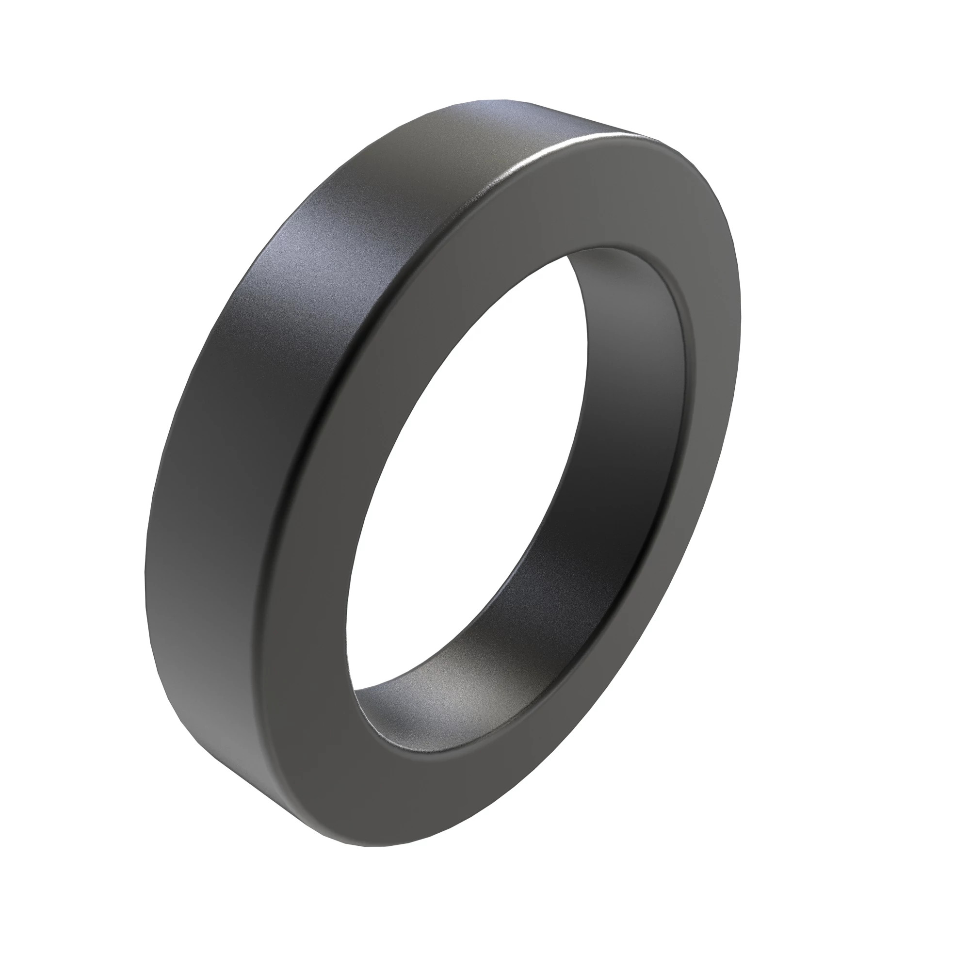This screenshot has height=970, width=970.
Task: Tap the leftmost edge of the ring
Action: coord(145,577)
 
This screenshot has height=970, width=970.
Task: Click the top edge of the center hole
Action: coord(602,248)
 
